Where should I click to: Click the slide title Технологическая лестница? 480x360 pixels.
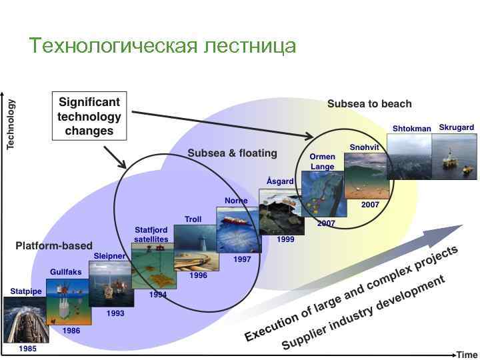[x=163, y=45]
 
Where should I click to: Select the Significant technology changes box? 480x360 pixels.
[x=89, y=117]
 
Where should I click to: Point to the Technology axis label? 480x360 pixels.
[x=11, y=125]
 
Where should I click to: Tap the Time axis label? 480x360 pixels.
[x=467, y=355]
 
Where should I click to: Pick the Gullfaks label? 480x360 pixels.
[x=66, y=272]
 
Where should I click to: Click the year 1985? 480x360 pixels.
[x=27, y=348]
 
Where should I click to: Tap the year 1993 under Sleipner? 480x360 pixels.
[x=115, y=313]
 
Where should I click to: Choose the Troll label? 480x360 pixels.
[x=193, y=219]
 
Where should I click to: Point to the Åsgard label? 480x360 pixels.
[x=279, y=181]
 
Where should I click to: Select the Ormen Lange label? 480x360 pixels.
[x=323, y=161]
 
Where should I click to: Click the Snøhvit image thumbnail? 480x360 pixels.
[x=365, y=175]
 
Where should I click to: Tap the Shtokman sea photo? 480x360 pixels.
[x=409, y=156]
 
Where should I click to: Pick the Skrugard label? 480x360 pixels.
[x=456, y=128]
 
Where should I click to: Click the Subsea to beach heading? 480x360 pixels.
[x=369, y=104]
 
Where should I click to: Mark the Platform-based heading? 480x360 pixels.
[x=54, y=246]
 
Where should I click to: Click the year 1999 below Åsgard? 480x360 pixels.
[x=285, y=239]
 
